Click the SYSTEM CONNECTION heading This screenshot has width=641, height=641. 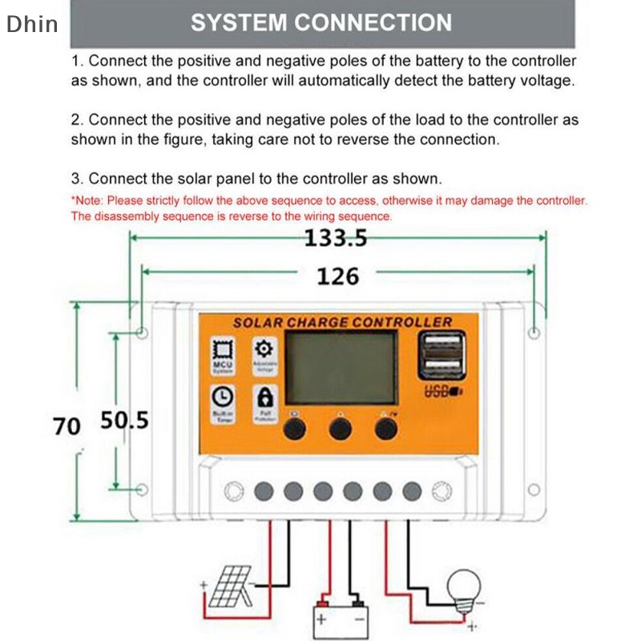click(x=321, y=22)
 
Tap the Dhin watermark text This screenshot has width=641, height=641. click(x=32, y=24)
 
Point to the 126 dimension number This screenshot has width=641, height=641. click(x=337, y=276)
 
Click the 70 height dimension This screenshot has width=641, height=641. click(x=67, y=425)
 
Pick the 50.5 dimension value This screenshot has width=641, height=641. click(x=125, y=420)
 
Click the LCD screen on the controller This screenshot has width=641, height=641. click(x=341, y=368)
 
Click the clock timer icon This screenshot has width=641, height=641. click(x=222, y=396)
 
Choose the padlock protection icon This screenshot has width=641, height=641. click(x=264, y=396)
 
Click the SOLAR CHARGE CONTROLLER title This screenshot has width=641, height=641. click(x=342, y=322)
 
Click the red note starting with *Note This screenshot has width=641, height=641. click(x=329, y=208)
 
